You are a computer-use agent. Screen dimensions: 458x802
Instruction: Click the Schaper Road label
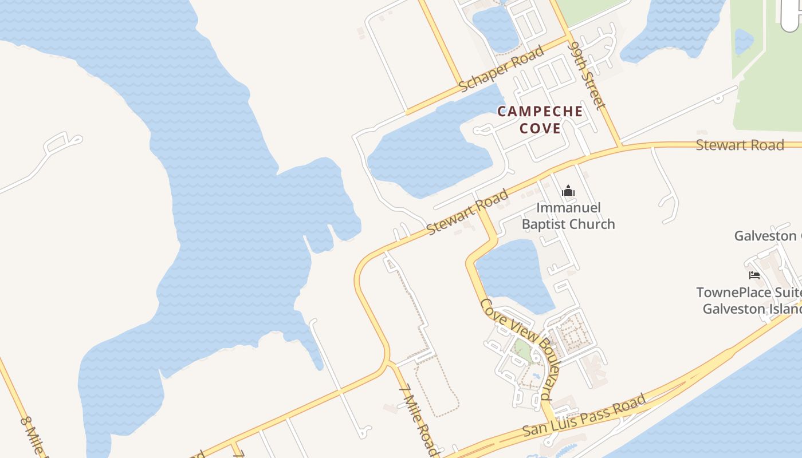(502, 69)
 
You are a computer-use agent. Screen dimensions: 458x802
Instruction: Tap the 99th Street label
(586, 74)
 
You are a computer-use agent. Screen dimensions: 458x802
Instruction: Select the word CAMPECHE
(540, 112)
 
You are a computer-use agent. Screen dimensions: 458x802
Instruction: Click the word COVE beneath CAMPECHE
(540, 128)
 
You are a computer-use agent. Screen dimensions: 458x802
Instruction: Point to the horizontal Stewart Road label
(740, 145)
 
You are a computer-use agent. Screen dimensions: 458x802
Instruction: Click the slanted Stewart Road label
(468, 212)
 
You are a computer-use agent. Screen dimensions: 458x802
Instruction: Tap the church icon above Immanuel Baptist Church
(568, 191)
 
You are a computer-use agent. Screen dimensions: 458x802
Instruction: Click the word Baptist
(544, 224)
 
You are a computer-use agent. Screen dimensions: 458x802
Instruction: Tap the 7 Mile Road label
(419, 420)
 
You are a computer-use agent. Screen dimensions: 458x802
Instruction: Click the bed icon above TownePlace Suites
(754, 275)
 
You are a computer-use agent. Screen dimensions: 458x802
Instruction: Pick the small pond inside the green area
(744, 41)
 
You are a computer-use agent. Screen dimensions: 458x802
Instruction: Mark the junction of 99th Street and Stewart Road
(620, 146)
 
